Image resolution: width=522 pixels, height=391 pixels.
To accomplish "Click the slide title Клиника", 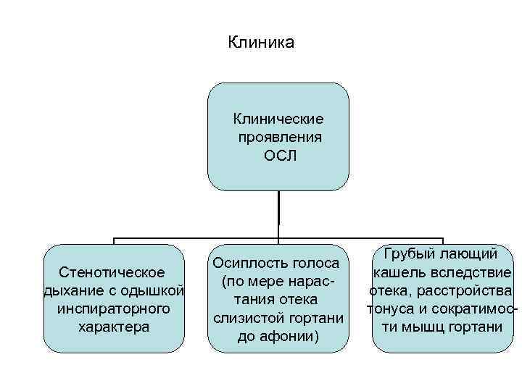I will point(261,43).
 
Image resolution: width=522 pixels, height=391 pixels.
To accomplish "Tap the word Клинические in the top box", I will point(278,117).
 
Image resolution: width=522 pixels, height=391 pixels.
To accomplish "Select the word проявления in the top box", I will point(279,137).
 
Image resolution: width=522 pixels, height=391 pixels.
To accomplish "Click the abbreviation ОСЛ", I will point(279,156).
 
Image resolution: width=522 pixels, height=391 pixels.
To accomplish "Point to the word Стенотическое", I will point(112,273).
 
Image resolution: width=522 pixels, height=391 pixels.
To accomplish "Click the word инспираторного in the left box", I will point(113,308).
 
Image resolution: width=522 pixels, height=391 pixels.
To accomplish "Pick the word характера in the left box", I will point(113,327).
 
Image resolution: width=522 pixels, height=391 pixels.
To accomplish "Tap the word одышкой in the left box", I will point(150,291).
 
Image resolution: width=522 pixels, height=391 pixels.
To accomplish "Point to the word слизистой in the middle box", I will point(244,318).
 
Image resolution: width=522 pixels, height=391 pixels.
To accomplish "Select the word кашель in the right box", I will point(400,272).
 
